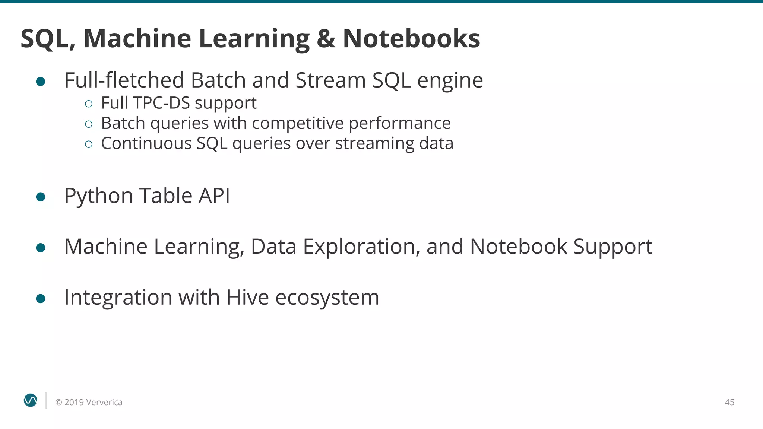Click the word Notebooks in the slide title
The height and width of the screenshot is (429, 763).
[x=411, y=38]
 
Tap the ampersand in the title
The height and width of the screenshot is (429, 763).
[x=326, y=38]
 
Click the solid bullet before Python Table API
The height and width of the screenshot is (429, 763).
[x=41, y=197]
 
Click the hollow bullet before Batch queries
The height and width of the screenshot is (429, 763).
[x=89, y=124]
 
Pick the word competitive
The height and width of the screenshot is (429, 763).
[x=298, y=123]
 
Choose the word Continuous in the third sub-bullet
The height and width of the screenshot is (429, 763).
[x=146, y=143]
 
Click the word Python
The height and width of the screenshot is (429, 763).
[x=98, y=196]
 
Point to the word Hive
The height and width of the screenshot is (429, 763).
[x=247, y=297]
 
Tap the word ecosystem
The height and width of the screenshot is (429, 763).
[x=327, y=298]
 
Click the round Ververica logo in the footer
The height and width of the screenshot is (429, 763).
[x=31, y=400]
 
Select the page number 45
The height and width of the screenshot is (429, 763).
[x=729, y=402]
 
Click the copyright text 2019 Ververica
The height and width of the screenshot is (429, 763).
[x=93, y=402]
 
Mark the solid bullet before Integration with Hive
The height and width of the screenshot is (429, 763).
[x=41, y=298]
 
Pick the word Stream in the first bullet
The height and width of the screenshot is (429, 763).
[x=330, y=80]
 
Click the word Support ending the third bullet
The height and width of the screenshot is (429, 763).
[x=612, y=247]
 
